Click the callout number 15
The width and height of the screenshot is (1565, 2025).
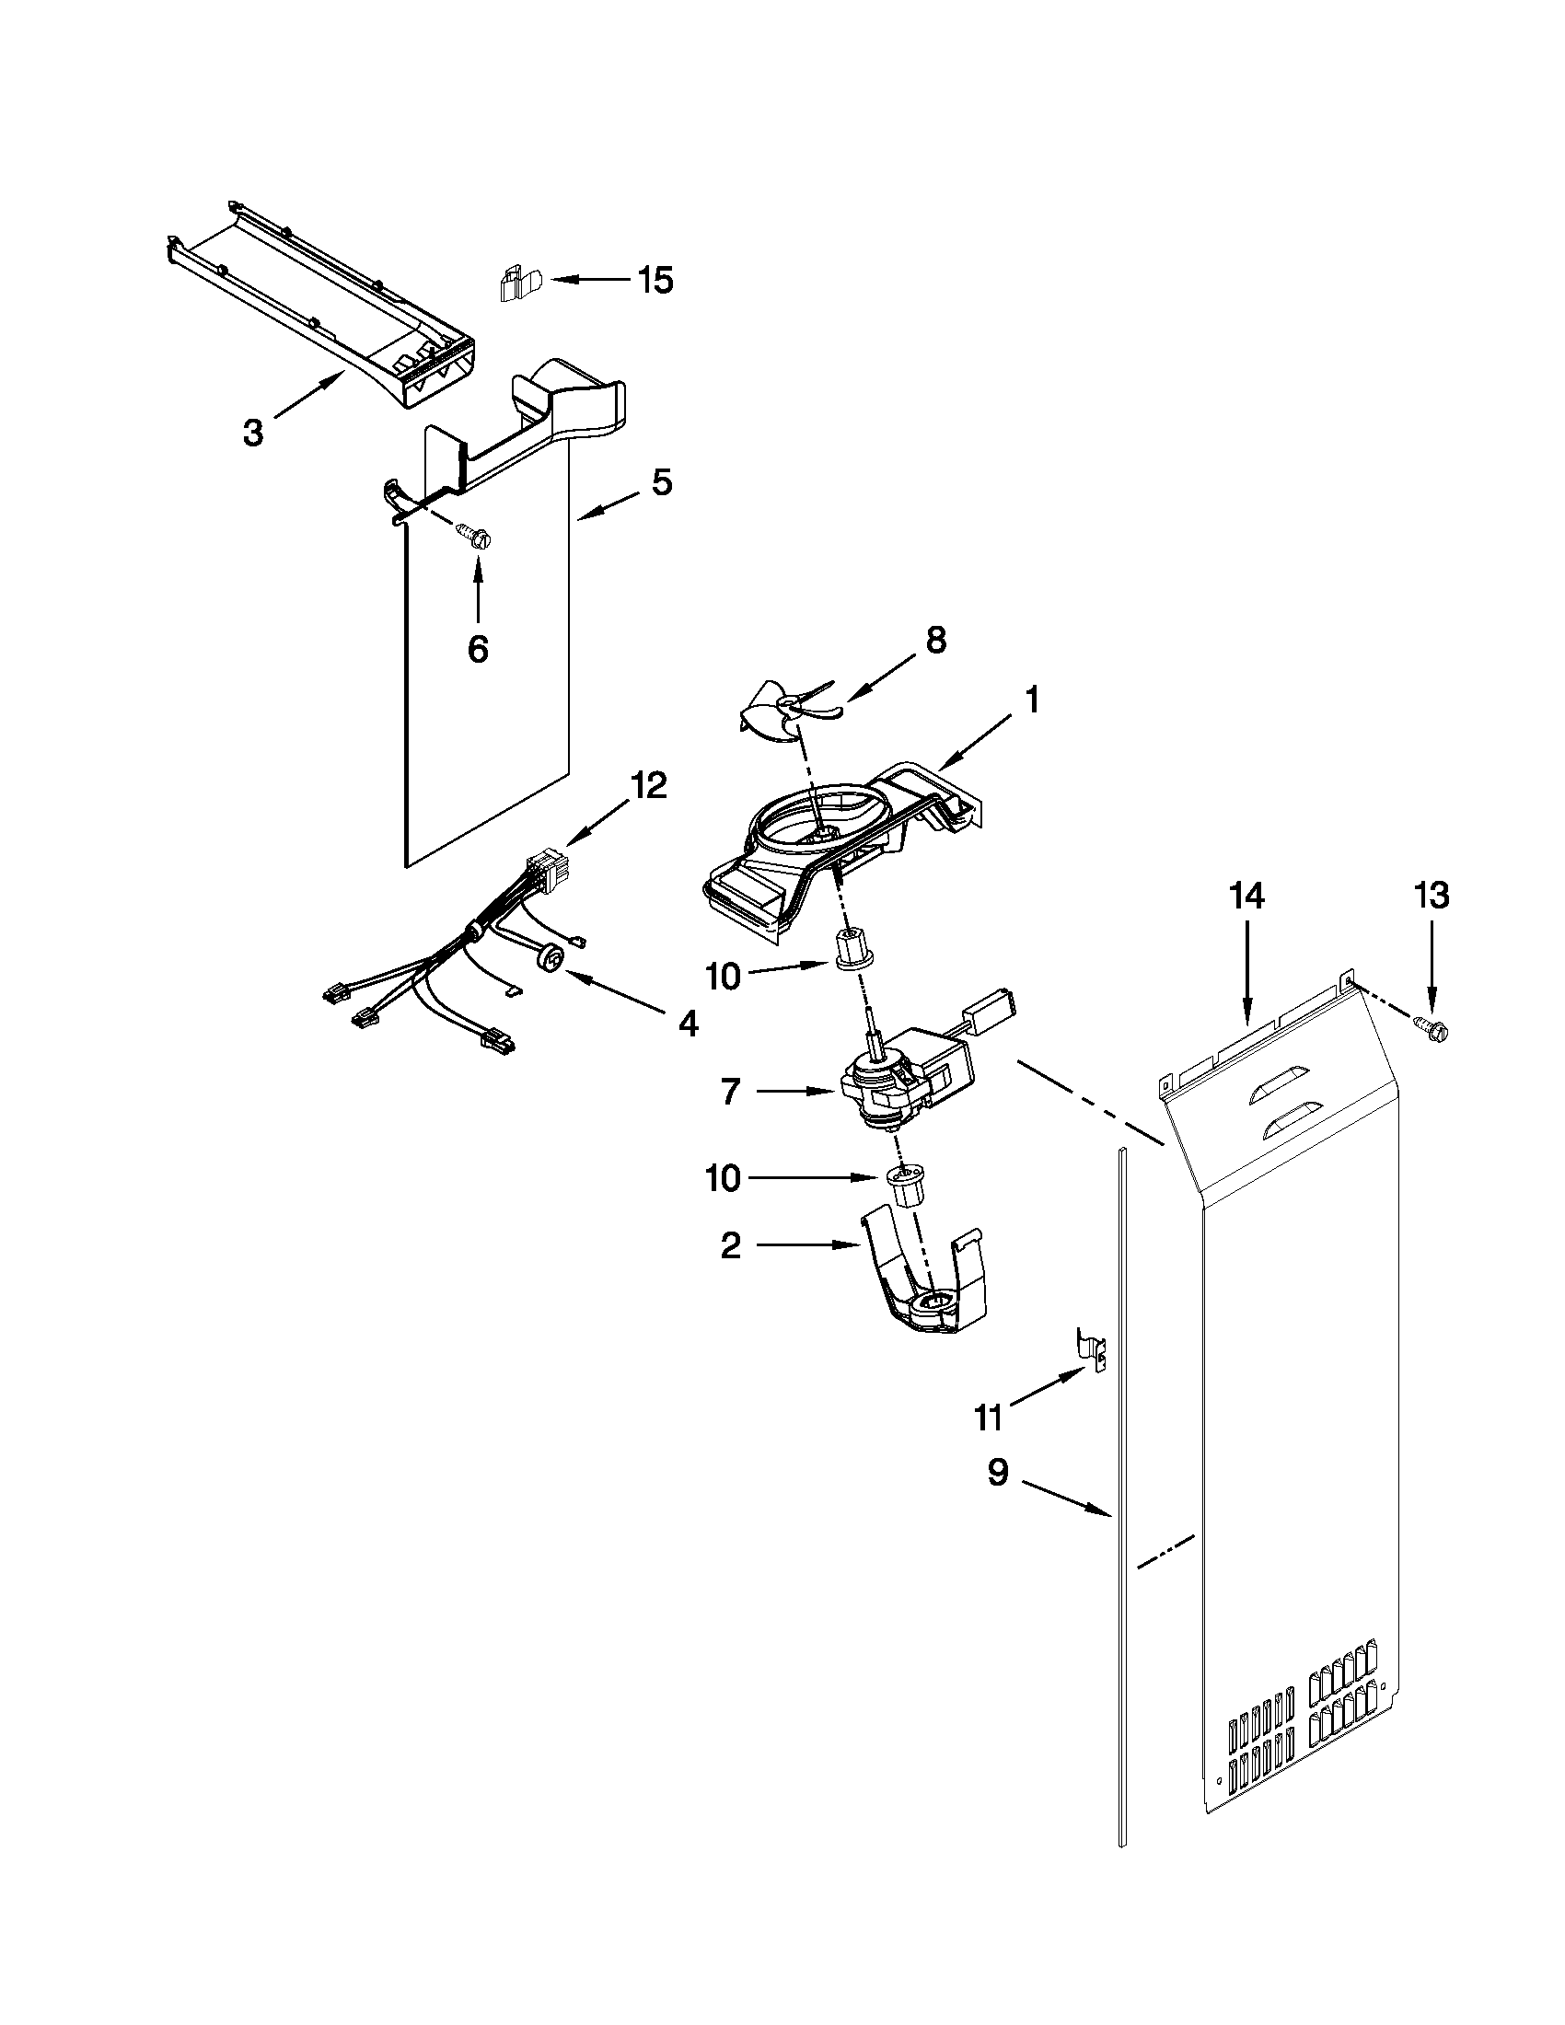655,280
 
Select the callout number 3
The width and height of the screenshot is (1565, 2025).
253,432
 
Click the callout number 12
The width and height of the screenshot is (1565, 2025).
648,785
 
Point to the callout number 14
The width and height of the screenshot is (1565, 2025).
1247,897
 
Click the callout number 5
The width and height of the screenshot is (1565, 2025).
661,482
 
